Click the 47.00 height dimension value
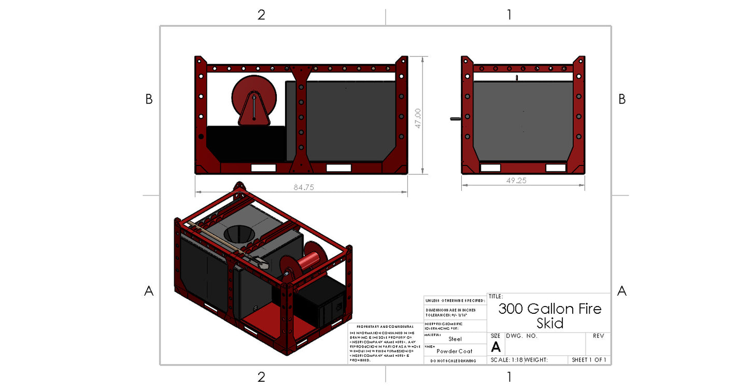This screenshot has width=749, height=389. point(418,118)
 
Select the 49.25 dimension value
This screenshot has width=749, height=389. point(523,180)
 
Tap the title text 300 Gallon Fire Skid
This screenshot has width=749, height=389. point(549,316)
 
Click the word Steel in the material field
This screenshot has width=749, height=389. point(455,339)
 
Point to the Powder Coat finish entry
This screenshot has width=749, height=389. point(455,351)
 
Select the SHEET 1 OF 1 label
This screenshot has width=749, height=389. point(589,360)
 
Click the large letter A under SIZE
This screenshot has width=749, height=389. point(496,348)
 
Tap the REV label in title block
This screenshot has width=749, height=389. point(598,336)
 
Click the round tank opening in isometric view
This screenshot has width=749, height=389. point(238,234)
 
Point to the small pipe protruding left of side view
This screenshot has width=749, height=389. point(455,119)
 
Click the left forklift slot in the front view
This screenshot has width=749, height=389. point(263,168)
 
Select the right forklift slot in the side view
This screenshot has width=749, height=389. point(556,168)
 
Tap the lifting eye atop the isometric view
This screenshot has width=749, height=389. point(239,188)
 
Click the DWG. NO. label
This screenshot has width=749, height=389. point(521,336)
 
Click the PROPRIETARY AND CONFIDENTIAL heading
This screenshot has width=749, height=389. point(385,327)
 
